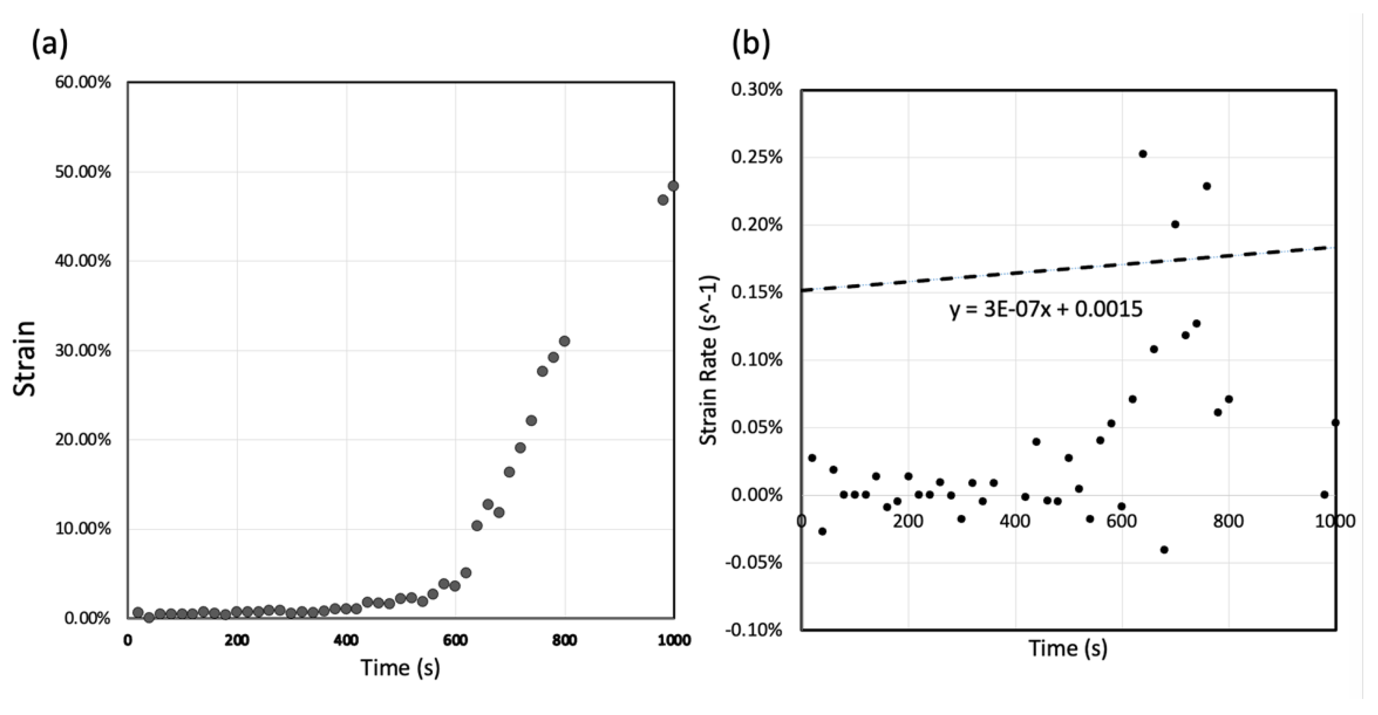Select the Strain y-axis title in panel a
click(x=25, y=358)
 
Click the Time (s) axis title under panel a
click(x=400, y=667)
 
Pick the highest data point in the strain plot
click(x=673, y=186)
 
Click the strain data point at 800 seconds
click(x=564, y=341)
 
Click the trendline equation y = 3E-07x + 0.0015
click(x=1046, y=310)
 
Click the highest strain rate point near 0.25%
click(x=1143, y=154)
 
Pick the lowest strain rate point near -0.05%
click(x=1164, y=550)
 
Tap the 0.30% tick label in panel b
click(x=756, y=90)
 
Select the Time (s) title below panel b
click(x=1068, y=649)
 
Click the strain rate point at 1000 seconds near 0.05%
click(x=1335, y=422)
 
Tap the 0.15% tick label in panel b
click(x=756, y=293)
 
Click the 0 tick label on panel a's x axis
click(x=128, y=640)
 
